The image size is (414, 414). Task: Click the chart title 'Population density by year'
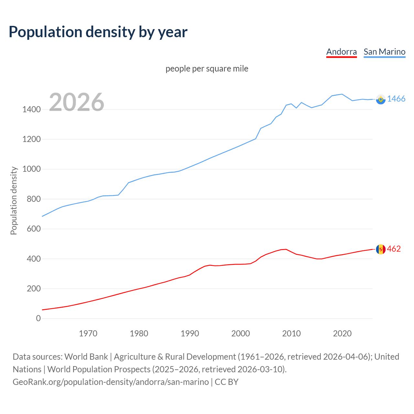[98, 32]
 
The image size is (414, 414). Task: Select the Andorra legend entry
[341, 52]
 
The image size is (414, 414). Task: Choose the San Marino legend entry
[384, 52]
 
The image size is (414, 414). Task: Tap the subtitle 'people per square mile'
[207, 69]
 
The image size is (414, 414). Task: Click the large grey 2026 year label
[77, 102]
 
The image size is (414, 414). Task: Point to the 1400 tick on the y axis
[31, 109]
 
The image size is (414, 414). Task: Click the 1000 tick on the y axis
[31, 169]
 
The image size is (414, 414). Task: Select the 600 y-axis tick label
[34, 229]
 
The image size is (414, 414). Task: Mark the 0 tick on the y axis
[38, 318]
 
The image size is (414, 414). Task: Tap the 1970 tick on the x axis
[88, 333]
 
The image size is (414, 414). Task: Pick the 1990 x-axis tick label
[190, 333]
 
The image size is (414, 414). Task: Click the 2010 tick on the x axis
[291, 333]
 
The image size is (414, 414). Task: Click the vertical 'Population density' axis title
[14, 201]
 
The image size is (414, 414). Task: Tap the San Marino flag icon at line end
[381, 99]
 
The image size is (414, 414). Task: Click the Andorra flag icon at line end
[381, 249]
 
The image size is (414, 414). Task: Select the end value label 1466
[396, 99]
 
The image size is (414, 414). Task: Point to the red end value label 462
[394, 249]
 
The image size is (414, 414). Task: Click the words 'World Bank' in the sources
[86, 357]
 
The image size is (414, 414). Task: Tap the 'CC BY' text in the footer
[226, 382]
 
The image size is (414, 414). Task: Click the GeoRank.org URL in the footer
[111, 382]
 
